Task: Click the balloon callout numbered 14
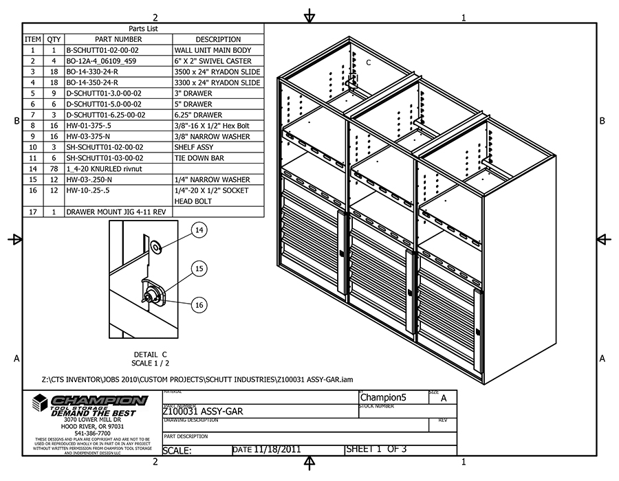[199, 231]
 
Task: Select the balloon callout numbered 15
[199, 269]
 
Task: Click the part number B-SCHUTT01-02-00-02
[102, 50]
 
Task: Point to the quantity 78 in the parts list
[54, 168]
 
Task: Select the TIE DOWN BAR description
[199, 157]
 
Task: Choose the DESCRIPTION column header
[218, 39]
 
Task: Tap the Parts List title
[144, 29]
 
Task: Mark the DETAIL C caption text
[150, 354]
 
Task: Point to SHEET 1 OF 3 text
[376, 449]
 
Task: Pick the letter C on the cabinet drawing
[368, 63]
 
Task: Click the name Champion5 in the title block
[384, 397]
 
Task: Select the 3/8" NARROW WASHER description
[208, 136]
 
